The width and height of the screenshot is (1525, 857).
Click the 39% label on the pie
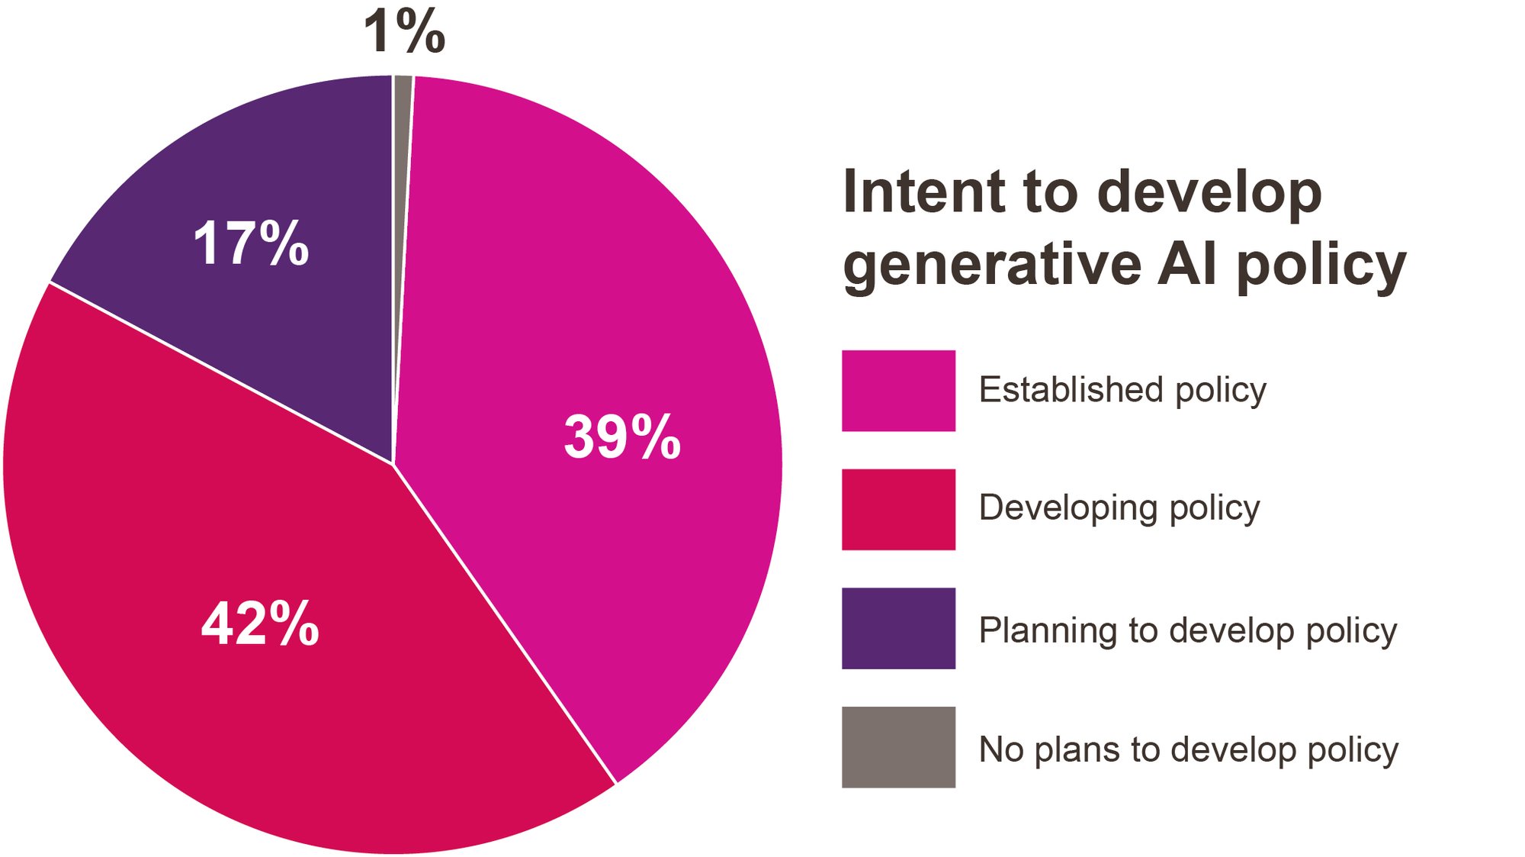[622, 437]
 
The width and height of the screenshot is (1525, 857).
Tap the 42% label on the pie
[260, 623]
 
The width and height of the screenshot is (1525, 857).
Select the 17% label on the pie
[251, 243]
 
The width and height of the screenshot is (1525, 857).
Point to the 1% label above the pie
[404, 31]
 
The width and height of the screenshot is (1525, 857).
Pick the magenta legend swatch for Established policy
[898, 391]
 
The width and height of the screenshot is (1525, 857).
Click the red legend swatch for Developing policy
[898, 509]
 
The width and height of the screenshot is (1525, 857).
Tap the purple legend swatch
[898, 628]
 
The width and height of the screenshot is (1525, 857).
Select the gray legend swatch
[898, 747]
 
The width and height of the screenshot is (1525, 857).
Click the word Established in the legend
[1071, 389]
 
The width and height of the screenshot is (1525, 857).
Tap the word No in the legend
[1001, 749]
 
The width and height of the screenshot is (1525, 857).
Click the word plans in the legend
[1077, 751]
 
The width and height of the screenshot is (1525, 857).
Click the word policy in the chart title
[1321, 266]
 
